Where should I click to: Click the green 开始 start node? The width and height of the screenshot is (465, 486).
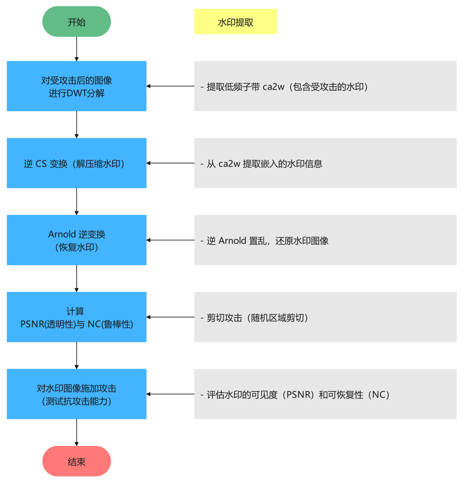(76, 22)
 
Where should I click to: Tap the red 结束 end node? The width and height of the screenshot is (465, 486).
(76, 462)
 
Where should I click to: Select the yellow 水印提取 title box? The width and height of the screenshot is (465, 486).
(235, 22)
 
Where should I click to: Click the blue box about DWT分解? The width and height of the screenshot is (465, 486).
(76, 86)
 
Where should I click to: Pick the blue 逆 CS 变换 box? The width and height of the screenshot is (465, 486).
(76, 164)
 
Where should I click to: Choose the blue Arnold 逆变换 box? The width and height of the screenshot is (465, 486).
(76, 240)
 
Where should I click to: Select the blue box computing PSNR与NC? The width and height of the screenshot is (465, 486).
(76, 317)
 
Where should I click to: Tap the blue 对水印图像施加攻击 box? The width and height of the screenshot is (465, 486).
(76, 394)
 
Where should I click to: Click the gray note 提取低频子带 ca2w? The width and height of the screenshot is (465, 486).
(325, 86)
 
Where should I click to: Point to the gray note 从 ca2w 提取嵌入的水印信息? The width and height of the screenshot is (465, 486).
(325, 164)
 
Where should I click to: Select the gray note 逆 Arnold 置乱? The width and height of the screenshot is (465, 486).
(325, 240)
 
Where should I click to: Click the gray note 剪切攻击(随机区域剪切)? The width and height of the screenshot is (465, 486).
(325, 317)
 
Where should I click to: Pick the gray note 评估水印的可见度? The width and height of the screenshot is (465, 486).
(325, 394)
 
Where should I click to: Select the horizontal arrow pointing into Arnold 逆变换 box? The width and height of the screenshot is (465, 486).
(170, 240)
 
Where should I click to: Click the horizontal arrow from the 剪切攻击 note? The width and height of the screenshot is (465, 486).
(170, 317)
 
